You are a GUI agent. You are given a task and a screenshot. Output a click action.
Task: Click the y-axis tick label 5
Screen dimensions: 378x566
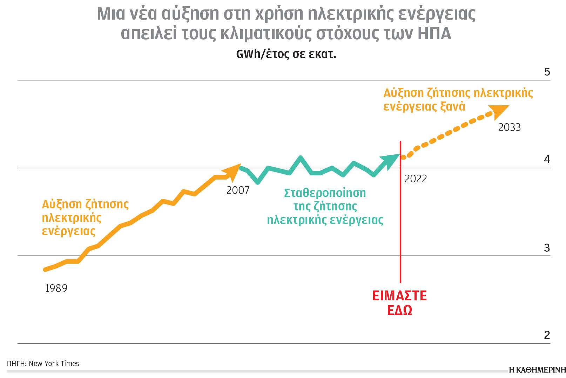[x=547, y=72]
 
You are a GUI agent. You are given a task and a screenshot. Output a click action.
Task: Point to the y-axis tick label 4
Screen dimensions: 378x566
[x=547, y=160]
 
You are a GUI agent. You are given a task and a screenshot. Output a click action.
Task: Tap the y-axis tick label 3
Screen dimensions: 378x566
[x=547, y=248]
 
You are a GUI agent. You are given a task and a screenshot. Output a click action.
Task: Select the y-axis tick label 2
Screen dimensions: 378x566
[x=547, y=335]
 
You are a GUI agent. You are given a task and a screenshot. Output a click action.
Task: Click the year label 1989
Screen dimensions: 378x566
[x=56, y=288]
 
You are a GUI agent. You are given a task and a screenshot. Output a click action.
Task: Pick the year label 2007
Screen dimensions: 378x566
[x=238, y=190]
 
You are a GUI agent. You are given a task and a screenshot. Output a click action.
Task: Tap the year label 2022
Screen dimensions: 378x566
[x=416, y=179]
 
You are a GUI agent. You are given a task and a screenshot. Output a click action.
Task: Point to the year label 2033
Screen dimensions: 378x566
[x=509, y=127]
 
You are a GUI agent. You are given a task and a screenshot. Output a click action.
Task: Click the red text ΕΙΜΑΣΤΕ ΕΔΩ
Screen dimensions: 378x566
[x=399, y=303]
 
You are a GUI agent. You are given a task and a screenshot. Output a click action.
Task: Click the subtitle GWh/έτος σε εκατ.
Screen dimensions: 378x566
[x=286, y=54]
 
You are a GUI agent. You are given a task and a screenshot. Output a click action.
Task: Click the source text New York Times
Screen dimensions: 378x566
[x=54, y=364]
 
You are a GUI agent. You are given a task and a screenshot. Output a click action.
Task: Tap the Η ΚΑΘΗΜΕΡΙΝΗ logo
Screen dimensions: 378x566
[x=537, y=370]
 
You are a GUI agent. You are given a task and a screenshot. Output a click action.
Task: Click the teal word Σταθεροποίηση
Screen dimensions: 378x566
[x=325, y=193]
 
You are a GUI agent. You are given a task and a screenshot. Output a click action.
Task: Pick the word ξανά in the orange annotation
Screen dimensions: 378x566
[x=453, y=106]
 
